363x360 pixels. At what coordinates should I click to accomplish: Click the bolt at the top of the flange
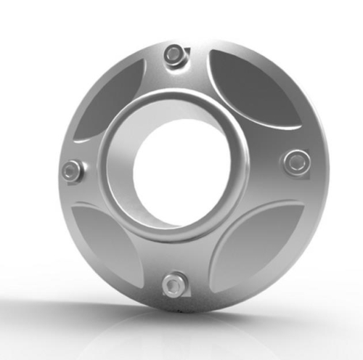pos(174,54)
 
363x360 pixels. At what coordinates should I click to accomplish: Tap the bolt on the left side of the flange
pos(71,171)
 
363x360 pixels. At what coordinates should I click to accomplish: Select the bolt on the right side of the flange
pos(295,161)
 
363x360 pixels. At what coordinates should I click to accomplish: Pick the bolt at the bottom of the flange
pos(174,284)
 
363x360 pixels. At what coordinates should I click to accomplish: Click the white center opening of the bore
pos(174,167)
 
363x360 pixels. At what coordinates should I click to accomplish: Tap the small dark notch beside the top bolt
pos(187,52)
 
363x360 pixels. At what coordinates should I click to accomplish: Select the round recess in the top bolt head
pos(174,54)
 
